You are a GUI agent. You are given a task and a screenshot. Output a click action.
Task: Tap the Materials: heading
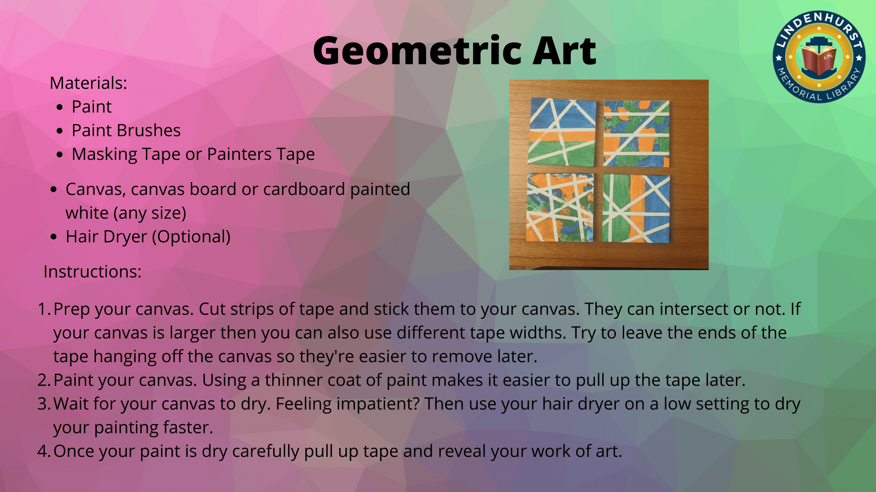88,83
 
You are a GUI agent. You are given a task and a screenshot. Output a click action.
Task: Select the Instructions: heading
93,272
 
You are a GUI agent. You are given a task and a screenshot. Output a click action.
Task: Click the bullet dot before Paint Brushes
60,131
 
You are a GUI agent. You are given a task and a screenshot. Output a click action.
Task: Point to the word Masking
104,154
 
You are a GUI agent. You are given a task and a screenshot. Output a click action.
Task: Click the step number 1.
44,309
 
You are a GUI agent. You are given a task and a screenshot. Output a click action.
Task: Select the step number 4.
44,451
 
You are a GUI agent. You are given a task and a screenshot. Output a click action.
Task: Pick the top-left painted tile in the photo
562,132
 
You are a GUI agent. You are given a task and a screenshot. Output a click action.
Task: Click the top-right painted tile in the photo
636,133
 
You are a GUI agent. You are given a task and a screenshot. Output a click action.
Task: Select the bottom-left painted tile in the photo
560,207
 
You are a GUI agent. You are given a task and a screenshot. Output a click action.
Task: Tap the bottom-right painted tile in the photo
636,208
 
